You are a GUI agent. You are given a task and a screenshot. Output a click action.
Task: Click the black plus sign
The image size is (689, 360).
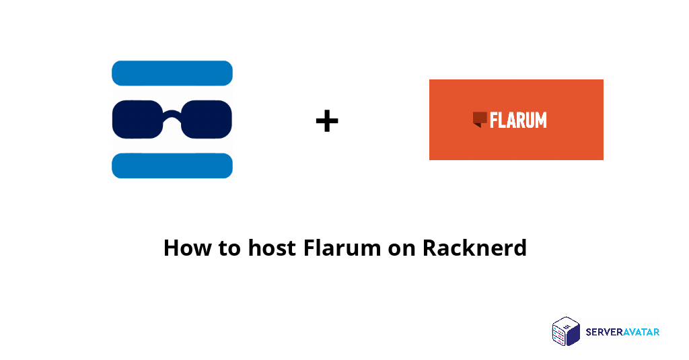326,121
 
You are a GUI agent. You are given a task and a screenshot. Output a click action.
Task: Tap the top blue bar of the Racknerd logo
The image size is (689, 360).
172,73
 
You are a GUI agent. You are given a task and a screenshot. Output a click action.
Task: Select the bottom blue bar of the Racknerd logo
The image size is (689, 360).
172,166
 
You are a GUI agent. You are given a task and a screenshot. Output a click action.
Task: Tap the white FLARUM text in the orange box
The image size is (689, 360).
518,120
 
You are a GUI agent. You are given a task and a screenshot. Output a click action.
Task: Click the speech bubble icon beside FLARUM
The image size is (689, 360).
480,119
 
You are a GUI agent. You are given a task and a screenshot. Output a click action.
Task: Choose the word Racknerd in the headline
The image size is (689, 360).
474,248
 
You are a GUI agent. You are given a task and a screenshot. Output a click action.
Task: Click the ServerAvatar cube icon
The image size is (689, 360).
566,331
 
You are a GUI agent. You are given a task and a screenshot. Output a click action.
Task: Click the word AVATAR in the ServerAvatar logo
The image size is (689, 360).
641,332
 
